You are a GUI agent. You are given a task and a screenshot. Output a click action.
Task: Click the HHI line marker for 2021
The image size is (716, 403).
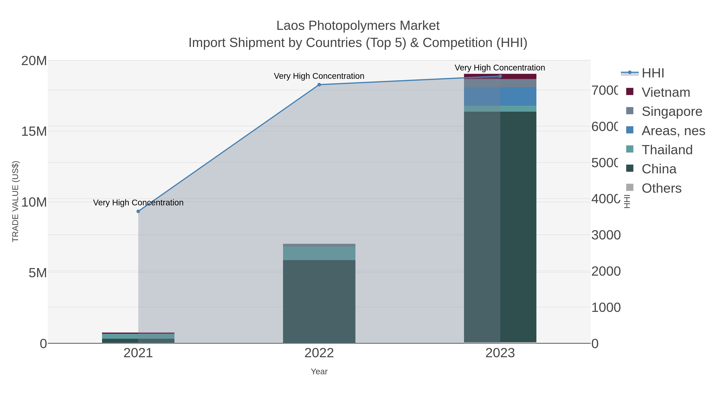coord(138,211)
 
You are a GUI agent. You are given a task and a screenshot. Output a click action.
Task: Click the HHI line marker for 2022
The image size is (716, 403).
coord(319,85)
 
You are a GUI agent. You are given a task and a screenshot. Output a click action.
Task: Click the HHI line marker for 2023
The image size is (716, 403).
coord(500,76)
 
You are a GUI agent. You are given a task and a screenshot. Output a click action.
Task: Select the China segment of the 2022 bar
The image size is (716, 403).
coord(319,302)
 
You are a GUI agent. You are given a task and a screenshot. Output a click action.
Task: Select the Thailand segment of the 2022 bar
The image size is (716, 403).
coord(319,253)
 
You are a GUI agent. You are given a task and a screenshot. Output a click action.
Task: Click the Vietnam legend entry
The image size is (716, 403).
coord(665,92)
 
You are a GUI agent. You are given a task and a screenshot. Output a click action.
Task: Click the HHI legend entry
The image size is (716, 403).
coord(652,73)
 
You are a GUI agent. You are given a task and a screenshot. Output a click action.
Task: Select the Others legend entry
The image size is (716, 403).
coord(661,188)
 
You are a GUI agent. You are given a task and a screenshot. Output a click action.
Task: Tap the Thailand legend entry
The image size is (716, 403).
coord(667,150)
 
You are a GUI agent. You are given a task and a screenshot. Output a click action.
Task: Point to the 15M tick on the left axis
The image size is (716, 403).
coord(34,131)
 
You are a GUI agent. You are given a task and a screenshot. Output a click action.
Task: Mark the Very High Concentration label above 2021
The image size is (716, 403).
coord(138,202)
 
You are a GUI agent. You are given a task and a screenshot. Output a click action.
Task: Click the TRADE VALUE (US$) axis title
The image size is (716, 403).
coord(15,201)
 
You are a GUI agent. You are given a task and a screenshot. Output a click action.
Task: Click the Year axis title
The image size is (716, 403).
coord(319,372)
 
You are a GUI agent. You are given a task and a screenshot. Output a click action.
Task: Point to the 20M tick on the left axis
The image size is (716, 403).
coord(34,61)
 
